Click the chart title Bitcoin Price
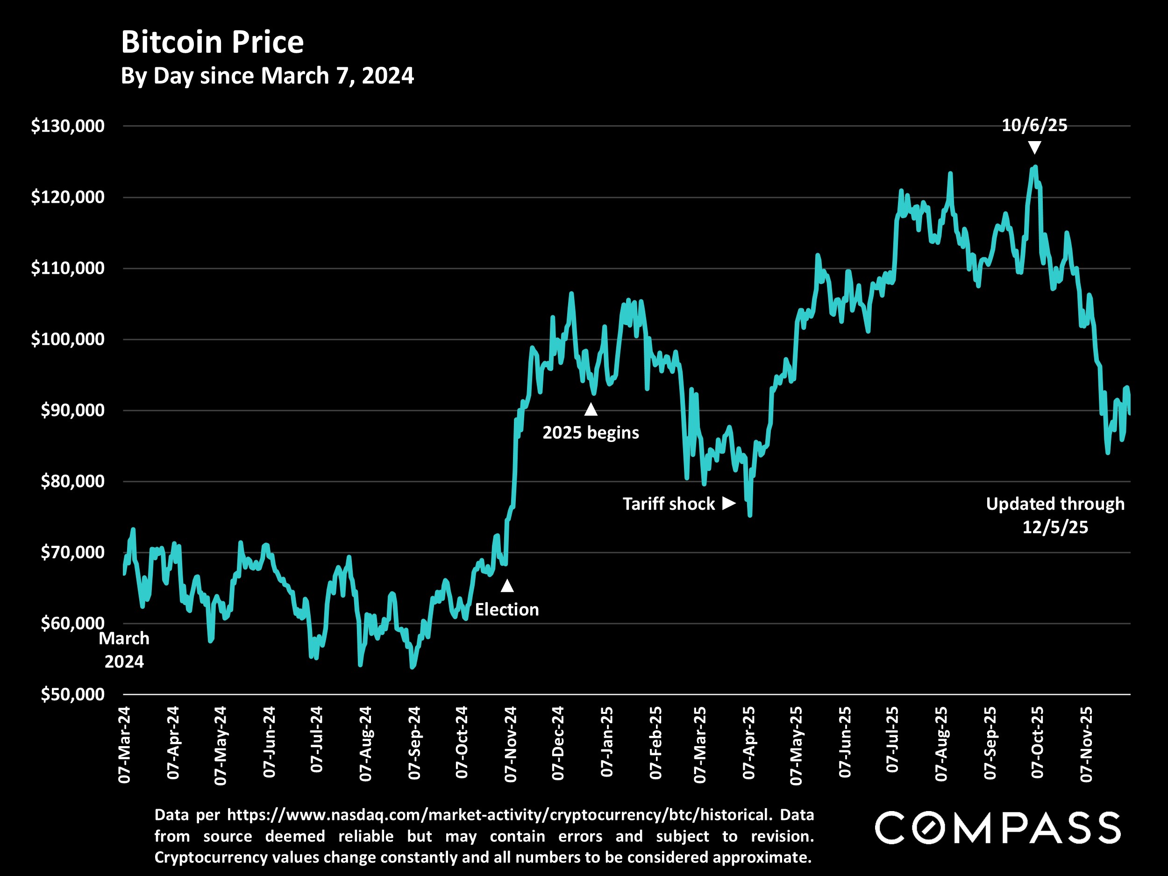point(212,42)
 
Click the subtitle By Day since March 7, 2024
point(267,76)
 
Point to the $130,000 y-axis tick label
point(68,126)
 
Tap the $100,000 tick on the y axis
point(68,339)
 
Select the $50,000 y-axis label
point(72,694)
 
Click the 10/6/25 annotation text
point(1034,126)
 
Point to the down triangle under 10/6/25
point(1034,147)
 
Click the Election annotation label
point(507,610)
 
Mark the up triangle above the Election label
point(507,585)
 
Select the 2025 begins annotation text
point(591,433)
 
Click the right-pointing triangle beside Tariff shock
point(729,503)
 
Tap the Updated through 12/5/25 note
point(1055,515)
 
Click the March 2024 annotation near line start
point(124,650)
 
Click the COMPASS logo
point(997,828)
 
